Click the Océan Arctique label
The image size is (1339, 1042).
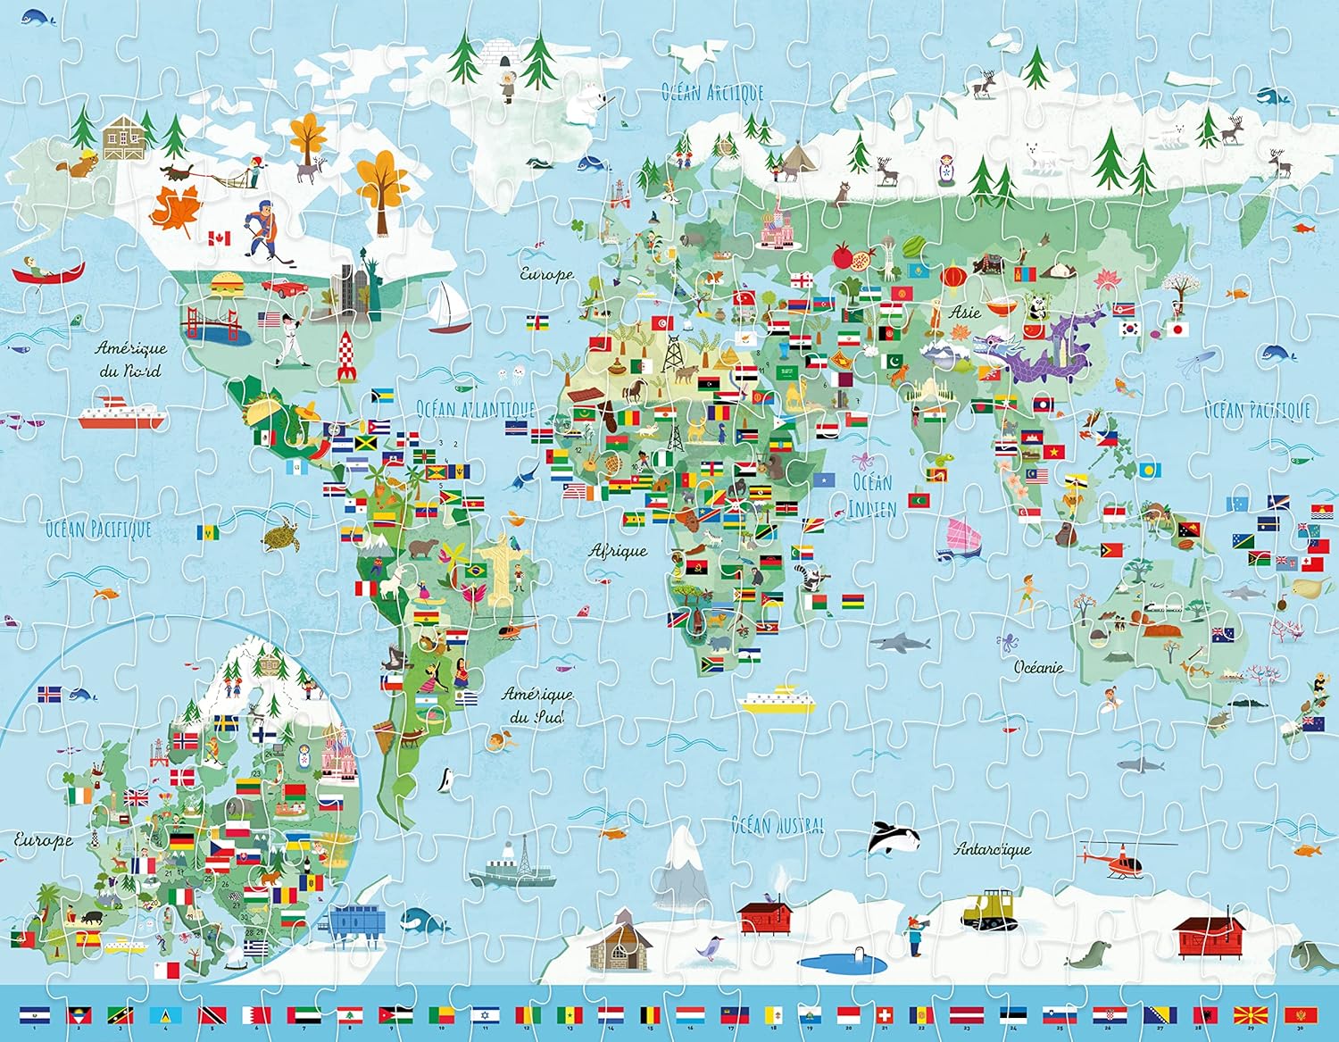pos(711,92)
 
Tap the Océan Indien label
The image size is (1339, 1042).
pos(871,495)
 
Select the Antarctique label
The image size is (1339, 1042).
pos(993,849)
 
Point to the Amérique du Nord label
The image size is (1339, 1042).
pos(130,358)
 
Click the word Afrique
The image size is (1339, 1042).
pos(618,551)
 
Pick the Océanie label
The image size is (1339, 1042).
pos(1039,666)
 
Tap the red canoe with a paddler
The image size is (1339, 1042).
pos(49,271)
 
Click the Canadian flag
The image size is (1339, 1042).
pos(219,238)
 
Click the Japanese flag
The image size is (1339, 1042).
pos(1178,329)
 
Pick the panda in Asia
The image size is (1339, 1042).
pos(1037,308)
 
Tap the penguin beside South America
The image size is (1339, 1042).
pos(444,779)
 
